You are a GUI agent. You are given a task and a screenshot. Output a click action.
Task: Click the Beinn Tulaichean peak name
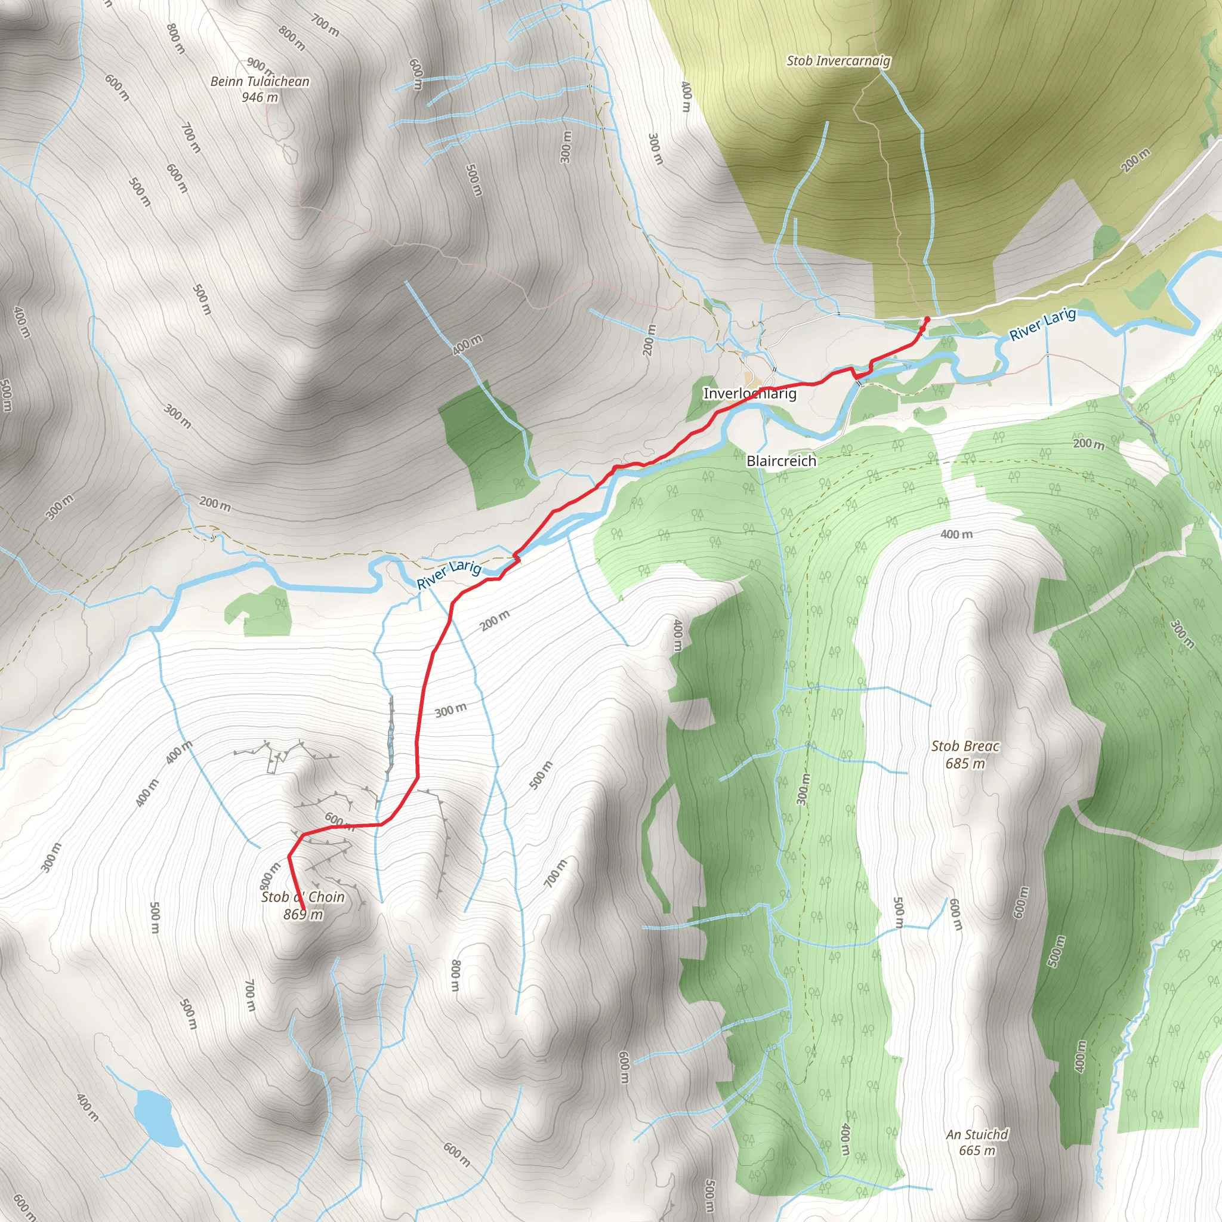pos(260,82)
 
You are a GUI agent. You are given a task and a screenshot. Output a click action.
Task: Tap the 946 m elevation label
pos(260,97)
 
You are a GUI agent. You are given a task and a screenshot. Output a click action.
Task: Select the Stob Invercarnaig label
pos(838,61)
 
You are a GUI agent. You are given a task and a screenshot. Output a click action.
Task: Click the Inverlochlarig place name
pos(749,393)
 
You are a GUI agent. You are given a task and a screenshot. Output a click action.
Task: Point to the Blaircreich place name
pos(781,461)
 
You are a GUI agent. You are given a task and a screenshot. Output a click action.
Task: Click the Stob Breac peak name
pos(965,746)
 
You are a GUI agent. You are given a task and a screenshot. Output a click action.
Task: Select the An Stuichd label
pos(977,1134)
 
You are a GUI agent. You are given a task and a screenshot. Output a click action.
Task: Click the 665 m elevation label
pos(977,1150)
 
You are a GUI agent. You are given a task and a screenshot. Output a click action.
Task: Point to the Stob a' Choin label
pos(303,897)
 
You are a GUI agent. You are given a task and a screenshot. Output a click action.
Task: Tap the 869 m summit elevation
pos(303,915)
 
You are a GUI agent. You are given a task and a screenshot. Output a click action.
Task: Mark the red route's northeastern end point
pos(927,319)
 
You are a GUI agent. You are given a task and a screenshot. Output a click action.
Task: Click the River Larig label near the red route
pos(449,573)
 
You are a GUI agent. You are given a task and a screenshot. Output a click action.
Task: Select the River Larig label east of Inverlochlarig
pos(1042,325)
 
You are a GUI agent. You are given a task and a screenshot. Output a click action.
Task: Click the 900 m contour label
pos(260,65)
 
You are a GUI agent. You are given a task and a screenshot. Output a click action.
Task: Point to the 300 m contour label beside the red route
pos(451,710)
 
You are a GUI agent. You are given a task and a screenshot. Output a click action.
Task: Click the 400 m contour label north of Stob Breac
pos(956,535)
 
